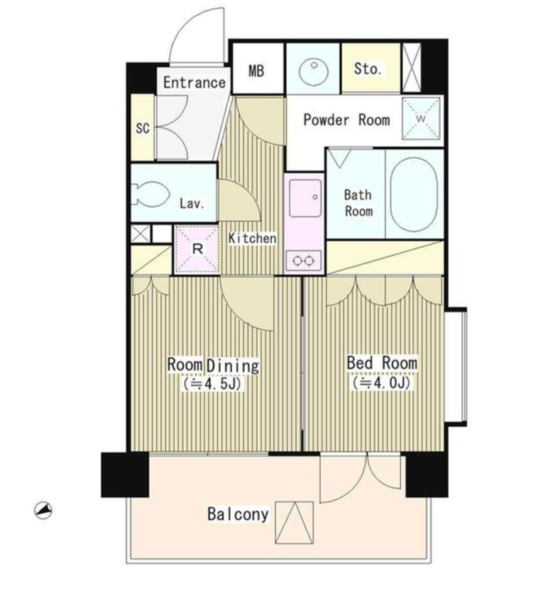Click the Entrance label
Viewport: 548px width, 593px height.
[194, 82]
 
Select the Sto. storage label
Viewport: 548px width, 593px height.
[368, 69]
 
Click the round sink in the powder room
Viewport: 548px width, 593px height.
[313, 71]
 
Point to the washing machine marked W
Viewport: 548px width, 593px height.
[421, 118]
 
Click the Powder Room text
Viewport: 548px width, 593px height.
[346, 120]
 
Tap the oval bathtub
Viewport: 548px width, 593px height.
[414, 195]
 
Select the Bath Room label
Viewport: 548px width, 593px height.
[358, 202]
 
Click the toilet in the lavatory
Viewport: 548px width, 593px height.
[150, 194]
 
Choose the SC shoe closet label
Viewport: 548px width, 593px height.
[143, 129]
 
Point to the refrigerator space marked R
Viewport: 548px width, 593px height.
[197, 249]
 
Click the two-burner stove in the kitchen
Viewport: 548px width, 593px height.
[304, 260]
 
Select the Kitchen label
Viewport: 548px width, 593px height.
[253, 238]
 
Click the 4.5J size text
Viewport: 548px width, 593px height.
[212, 383]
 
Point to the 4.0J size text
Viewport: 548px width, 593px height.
[381, 383]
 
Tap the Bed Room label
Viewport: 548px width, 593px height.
[382, 363]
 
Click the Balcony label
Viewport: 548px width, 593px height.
[238, 514]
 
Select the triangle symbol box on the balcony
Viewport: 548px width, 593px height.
[295, 523]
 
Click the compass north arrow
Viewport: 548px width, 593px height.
[43, 511]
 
